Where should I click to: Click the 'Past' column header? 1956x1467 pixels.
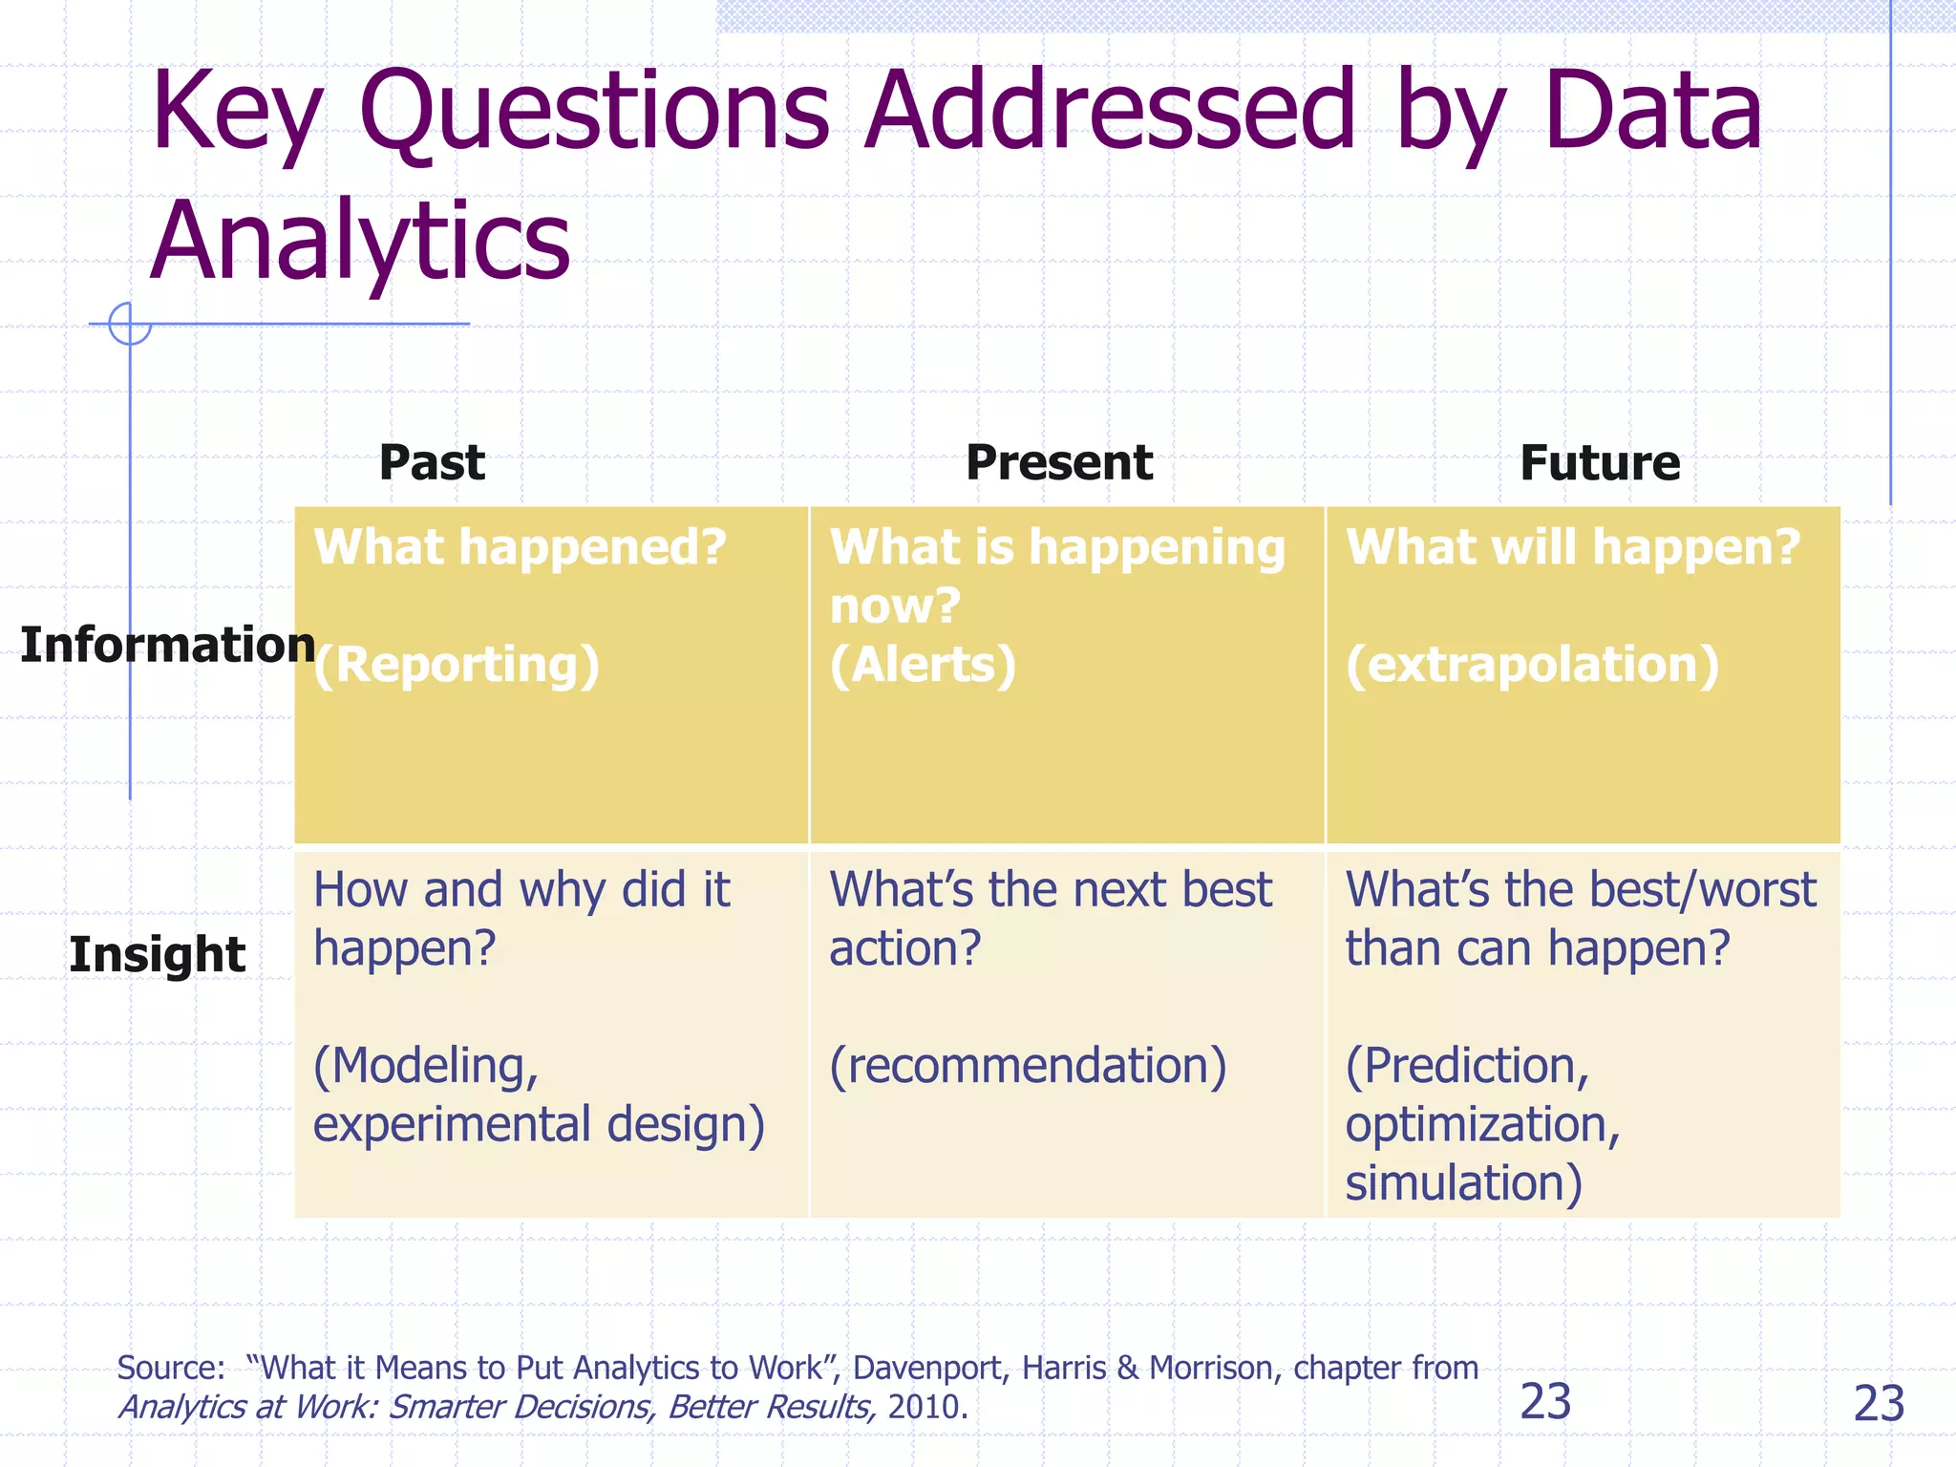[432, 463]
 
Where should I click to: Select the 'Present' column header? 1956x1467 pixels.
[1058, 463]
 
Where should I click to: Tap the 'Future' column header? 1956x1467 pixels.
[1599, 463]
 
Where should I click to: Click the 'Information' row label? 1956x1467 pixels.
[167, 646]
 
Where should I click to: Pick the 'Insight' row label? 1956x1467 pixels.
[158, 955]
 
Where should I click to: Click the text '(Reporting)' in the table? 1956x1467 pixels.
[457, 666]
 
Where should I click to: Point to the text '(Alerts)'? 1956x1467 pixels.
[923, 666]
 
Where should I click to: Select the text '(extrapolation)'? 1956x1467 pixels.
[1532, 666]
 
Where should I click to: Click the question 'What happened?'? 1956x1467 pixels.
[521, 548]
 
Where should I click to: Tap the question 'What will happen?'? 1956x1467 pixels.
[1572, 548]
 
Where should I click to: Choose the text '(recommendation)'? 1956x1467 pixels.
[1028, 1066]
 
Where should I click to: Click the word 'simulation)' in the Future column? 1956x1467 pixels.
[1463, 1183]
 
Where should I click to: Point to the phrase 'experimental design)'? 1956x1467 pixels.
[539, 1125]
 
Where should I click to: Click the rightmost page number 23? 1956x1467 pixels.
[1878, 1404]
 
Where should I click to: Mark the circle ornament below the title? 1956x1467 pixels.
[130, 324]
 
